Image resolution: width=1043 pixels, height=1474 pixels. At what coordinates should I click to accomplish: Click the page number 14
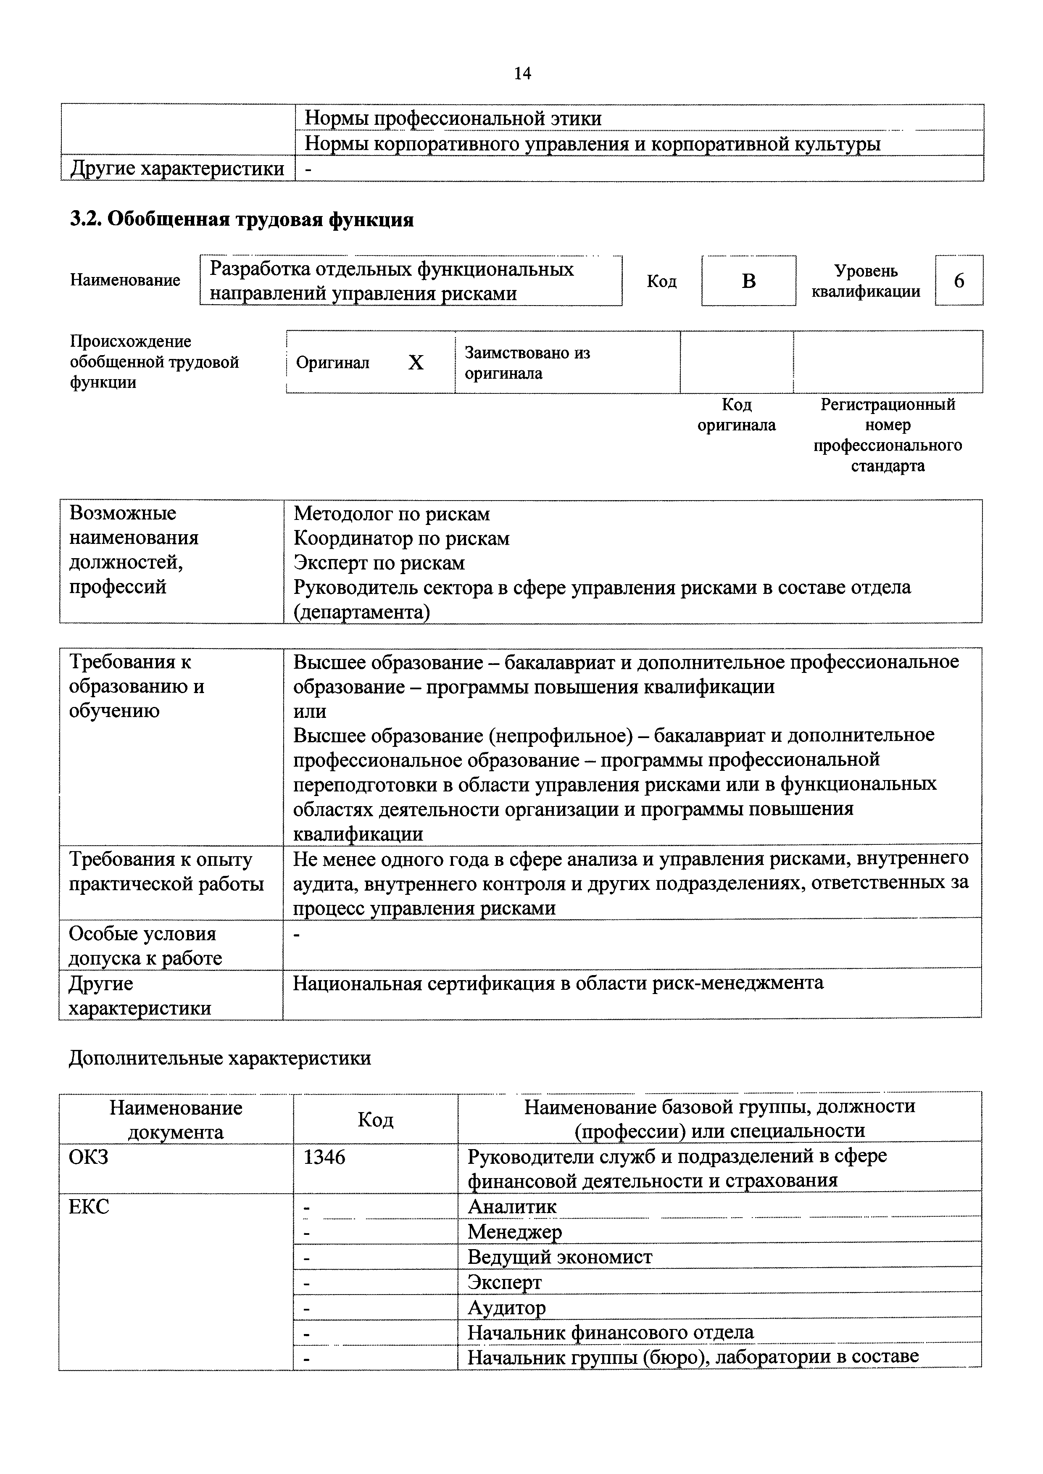click(x=522, y=74)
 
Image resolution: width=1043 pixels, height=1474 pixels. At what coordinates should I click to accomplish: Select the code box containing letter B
click(x=748, y=281)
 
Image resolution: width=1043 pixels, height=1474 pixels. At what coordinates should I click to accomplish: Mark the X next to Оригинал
click(x=416, y=363)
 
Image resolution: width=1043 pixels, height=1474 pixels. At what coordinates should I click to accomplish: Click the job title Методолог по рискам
click(x=391, y=514)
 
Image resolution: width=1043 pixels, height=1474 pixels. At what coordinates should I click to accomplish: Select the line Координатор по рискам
click(x=401, y=538)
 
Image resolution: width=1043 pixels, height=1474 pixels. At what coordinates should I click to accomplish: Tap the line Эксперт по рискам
click(x=379, y=563)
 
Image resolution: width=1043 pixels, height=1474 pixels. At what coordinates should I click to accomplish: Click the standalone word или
click(x=310, y=711)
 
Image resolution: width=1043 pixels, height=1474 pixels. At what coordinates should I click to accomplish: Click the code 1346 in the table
click(x=324, y=1157)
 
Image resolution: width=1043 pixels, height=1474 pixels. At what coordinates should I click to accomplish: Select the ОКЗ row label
click(x=89, y=1157)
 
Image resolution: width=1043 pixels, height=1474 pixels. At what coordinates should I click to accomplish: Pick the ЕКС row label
click(x=89, y=1207)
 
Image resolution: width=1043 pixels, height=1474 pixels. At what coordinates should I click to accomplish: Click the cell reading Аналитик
click(x=512, y=1207)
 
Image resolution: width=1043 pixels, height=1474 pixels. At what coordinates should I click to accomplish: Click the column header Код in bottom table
click(x=375, y=1119)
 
